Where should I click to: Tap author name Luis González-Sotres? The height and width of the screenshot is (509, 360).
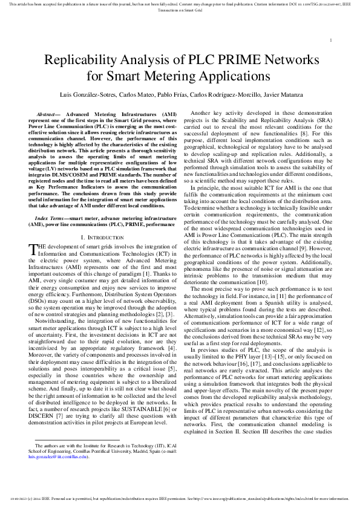pos(83,96)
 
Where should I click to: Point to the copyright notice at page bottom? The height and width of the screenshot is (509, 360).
pos(180,499)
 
